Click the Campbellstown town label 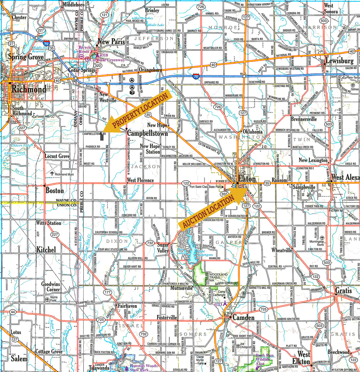[147, 133]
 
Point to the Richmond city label [29, 89]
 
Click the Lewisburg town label [340, 61]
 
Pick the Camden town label [243, 317]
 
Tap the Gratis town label [343, 290]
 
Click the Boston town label [55, 190]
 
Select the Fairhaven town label [127, 306]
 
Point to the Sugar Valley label [163, 248]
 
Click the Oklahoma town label [253, 131]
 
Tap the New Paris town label [111, 42]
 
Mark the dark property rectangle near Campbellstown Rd [102, 136]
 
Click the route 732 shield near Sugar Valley [150, 243]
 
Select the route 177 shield [108, 292]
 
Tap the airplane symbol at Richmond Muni [52, 173]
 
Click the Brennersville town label [304, 119]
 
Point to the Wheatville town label [282, 250]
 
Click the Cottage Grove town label [49, 351]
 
